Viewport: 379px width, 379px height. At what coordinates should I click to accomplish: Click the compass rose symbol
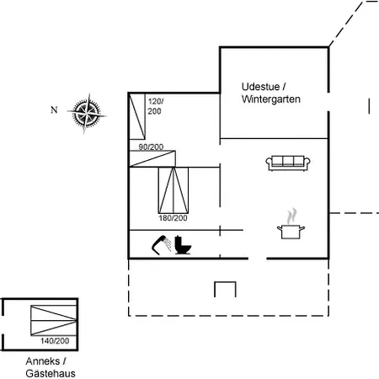click(87, 113)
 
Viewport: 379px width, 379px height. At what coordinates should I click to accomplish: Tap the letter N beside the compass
click(54, 109)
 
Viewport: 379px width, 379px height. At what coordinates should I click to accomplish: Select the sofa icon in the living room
click(288, 163)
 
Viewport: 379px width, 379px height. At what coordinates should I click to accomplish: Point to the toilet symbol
click(183, 245)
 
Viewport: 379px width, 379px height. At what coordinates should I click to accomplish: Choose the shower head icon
click(162, 245)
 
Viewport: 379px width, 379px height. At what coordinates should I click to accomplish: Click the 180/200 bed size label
click(173, 218)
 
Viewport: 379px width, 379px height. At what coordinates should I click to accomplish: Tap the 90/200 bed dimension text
click(151, 147)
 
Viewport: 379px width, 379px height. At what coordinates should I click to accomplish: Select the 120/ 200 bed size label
click(156, 106)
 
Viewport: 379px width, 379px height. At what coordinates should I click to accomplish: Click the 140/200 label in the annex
click(55, 341)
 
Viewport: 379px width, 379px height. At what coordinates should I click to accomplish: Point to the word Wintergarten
click(271, 99)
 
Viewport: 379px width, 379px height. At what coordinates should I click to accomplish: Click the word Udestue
click(260, 87)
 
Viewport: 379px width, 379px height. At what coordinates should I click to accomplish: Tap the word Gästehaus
click(51, 373)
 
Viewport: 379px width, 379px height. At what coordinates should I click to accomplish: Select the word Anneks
click(43, 361)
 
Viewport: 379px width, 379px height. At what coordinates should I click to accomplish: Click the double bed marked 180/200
click(173, 190)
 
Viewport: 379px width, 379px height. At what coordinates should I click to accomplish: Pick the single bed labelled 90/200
click(152, 159)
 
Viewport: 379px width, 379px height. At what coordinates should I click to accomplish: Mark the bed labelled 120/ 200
click(137, 116)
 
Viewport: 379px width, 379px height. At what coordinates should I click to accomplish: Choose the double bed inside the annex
click(54, 320)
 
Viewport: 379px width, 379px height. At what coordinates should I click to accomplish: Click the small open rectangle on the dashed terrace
click(225, 282)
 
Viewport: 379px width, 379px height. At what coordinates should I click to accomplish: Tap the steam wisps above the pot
click(291, 216)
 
